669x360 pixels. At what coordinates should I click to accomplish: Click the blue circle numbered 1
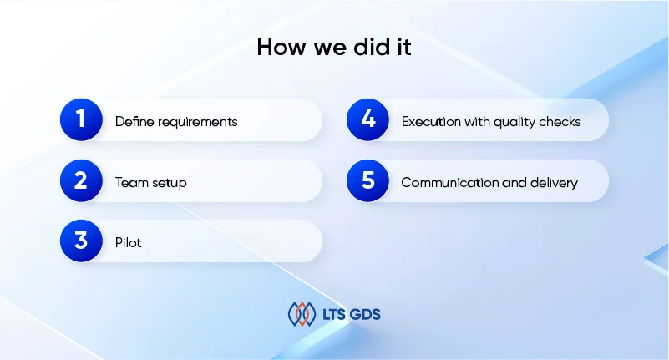tap(81, 119)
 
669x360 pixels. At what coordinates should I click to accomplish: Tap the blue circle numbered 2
tap(81, 180)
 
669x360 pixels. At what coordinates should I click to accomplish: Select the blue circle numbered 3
tap(81, 241)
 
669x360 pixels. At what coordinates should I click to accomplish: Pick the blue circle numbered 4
tap(367, 119)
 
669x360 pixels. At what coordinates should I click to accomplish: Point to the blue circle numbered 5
tap(367, 180)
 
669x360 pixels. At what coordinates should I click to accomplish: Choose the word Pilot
tap(128, 243)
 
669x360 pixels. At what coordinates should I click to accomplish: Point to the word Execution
tap(431, 122)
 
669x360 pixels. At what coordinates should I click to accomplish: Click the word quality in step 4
tap(514, 123)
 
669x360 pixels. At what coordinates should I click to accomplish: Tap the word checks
tap(560, 122)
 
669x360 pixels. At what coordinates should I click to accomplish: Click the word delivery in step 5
tap(555, 184)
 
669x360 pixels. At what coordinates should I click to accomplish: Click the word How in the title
tap(281, 47)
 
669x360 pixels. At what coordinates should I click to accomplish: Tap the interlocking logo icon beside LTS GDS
tap(302, 314)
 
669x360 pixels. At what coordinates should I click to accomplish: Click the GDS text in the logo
tap(365, 315)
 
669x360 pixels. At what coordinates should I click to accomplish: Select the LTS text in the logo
tap(333, 315)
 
